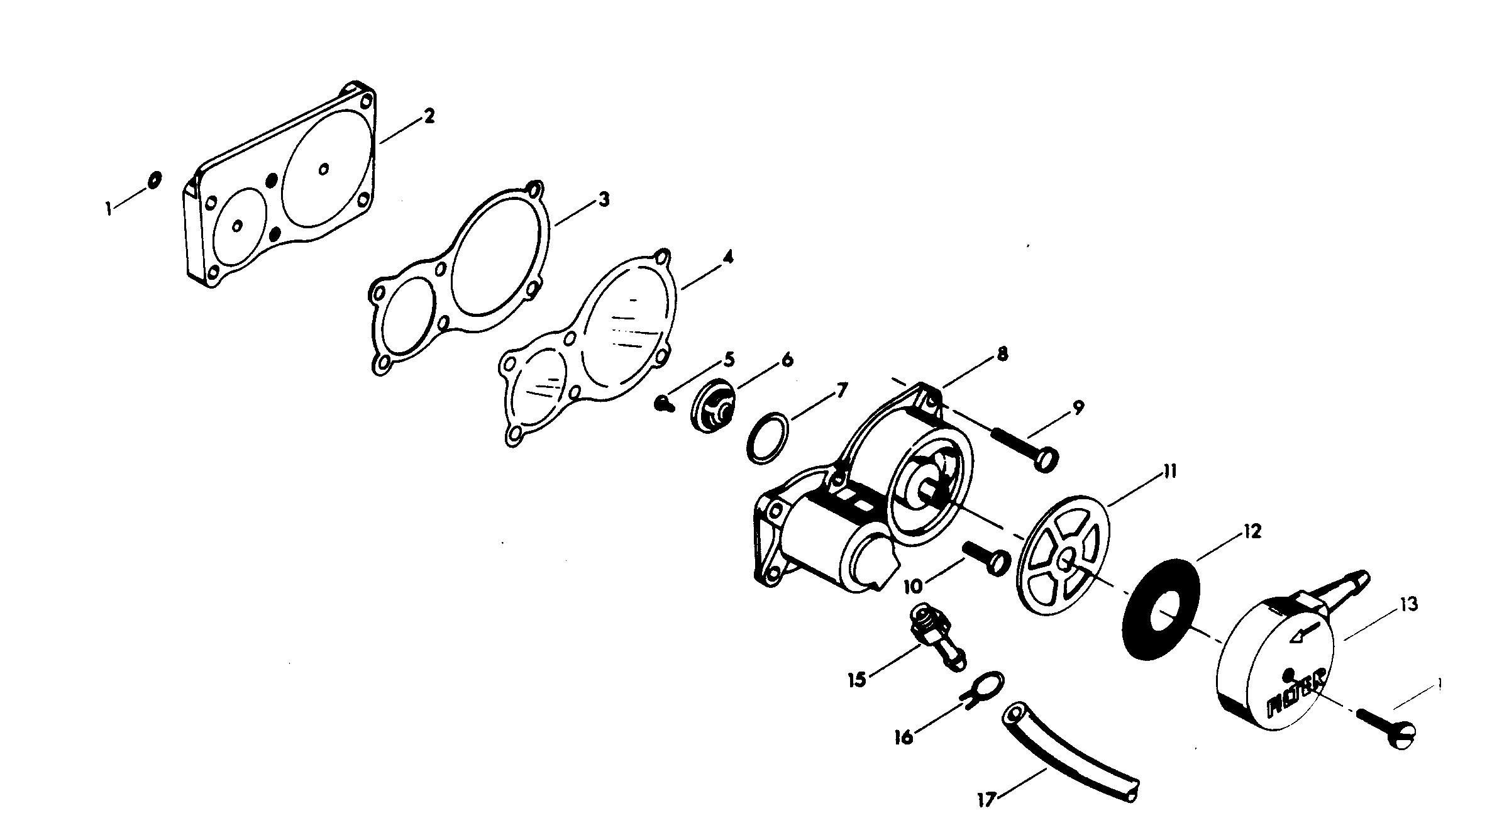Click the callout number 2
(x=429, y=116)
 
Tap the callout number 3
(x=603, y=200)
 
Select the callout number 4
(x=727, y=258)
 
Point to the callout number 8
(x=1002, y=354)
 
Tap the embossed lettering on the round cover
(x=1289, y=694)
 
